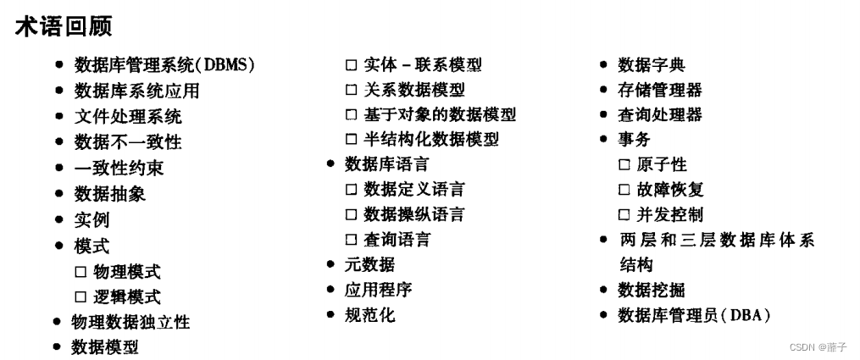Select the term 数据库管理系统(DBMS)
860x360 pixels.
point(164,65)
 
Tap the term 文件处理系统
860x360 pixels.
point(127,116)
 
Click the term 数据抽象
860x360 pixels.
point(109,194)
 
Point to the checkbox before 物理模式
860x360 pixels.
point(80,272)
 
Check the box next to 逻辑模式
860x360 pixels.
point(80,297)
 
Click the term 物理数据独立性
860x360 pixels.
point(130,323)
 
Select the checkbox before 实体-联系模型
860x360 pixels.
point(351,65)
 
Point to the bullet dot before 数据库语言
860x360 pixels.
point(331,163)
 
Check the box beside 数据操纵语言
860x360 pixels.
point(351,214)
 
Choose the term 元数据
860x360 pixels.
point(369,265)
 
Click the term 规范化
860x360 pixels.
point(369,316)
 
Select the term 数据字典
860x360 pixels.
point(652,65)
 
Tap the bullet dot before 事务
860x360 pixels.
point(603,139)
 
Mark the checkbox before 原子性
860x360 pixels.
point(624,165)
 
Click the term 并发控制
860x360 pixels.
point(669,214)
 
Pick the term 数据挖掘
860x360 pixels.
point(652,291)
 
